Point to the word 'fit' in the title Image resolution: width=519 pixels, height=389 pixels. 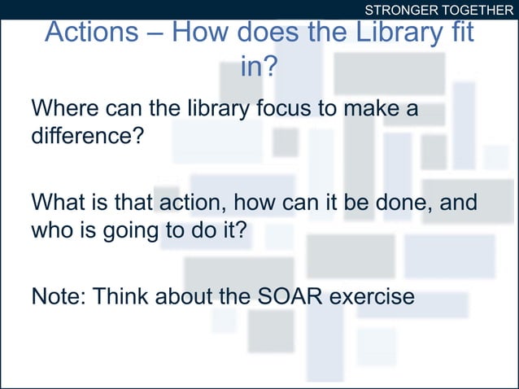click(x=457, y=33)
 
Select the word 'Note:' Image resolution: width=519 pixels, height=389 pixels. click(x=58, y=296)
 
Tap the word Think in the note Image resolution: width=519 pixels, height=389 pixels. click(x=120, y=296)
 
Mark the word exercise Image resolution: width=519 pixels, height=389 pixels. click(x=372, y=296)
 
